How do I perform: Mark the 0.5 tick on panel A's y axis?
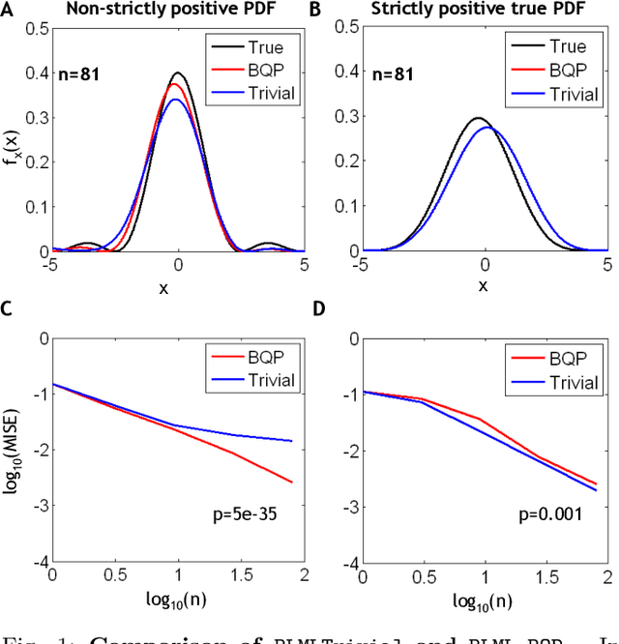coord(39,29)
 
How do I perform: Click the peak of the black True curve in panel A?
coord(177,73)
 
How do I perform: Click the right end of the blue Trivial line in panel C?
coord(293,441)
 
